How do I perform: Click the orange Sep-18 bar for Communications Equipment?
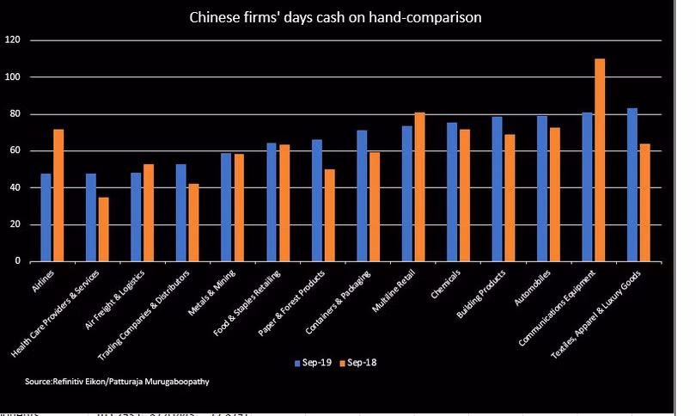pos(600,160)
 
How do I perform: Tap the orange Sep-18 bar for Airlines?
pos(58,195)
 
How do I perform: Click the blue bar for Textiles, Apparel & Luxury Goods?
pos(632,185)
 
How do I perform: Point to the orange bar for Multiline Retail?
pos(419,187)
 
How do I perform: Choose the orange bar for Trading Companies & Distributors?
pos(193,223)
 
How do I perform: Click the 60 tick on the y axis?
pos(15,151)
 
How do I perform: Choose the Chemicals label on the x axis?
pos(446,281)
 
